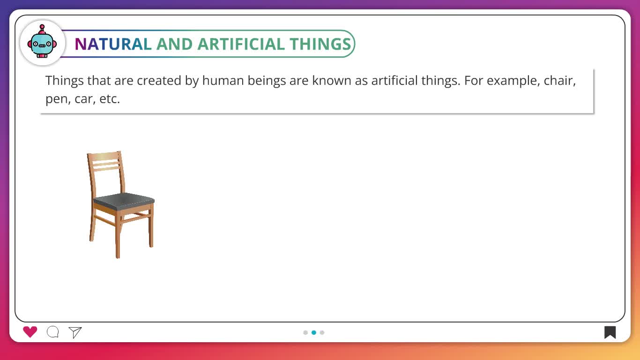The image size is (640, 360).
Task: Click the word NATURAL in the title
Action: click(x=113, y=44)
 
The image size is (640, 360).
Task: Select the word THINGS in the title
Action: click(x=320, y=44)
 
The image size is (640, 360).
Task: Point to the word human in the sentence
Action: click(x=223, y=80)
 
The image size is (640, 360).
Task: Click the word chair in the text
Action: click(x=559, y=80)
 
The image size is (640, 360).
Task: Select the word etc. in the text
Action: click(x=110, y=99)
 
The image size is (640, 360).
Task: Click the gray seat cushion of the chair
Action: click(x=124, y=201)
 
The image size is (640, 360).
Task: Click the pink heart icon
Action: click(x=30, y=332)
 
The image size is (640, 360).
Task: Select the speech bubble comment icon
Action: click(x=53, y=332)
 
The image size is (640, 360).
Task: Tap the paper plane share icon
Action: click(x=75, y=332)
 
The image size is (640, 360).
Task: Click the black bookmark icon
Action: click(x=610, y=332)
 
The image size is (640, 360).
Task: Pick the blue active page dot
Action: click(x=314, y=332)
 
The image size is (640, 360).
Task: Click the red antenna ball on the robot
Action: click(x=42, y=27)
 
